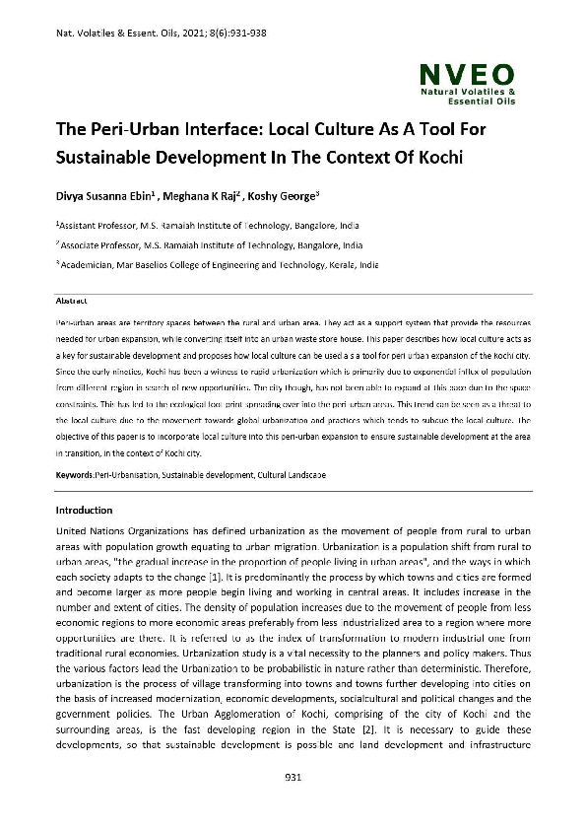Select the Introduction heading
[x=84, y=511]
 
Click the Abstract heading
[x=71, y=299]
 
